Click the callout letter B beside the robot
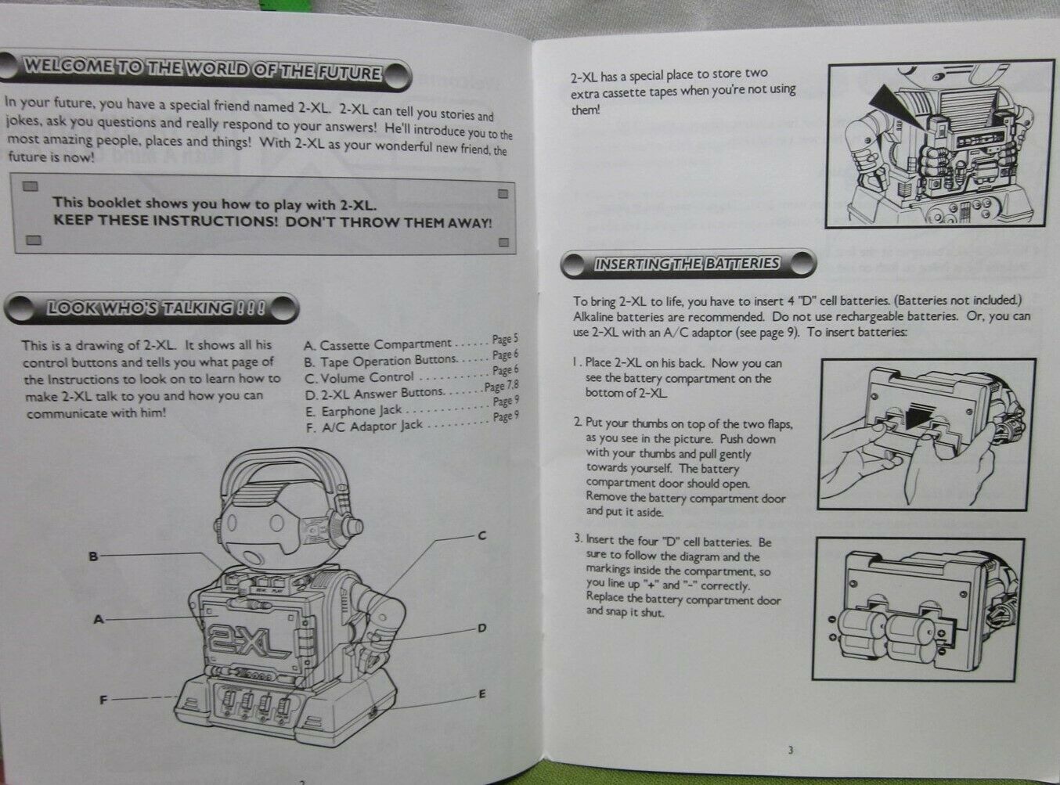click(x=93, y=556)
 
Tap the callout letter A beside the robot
click(x=99, y=619)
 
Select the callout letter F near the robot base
click(x=103, y=700)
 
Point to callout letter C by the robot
click(x=482, y=535)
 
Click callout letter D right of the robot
click(x=482, y=628)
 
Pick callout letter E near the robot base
click(x=482, y=693)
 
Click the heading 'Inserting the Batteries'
click(x=687, y=264)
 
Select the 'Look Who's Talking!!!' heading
click(x=157, y=308)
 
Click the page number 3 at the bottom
click(x=790, y=750)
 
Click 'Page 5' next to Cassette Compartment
click(x=505, y=340)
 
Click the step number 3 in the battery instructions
click(x=578, y=541)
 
